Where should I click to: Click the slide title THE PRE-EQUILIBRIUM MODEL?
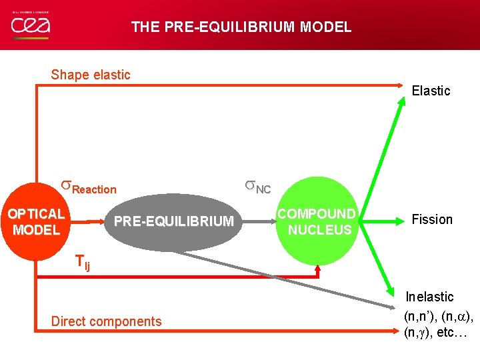241,27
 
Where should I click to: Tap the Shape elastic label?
91,75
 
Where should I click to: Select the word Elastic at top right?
431,91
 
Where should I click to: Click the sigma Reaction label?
89,187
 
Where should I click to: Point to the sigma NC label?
257,187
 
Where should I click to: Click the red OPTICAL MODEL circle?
35,222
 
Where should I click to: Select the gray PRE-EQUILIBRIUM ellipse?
173,221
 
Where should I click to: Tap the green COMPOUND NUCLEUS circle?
317,221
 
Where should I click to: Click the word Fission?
432,219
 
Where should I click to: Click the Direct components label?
106,321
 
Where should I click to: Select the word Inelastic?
430,297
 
